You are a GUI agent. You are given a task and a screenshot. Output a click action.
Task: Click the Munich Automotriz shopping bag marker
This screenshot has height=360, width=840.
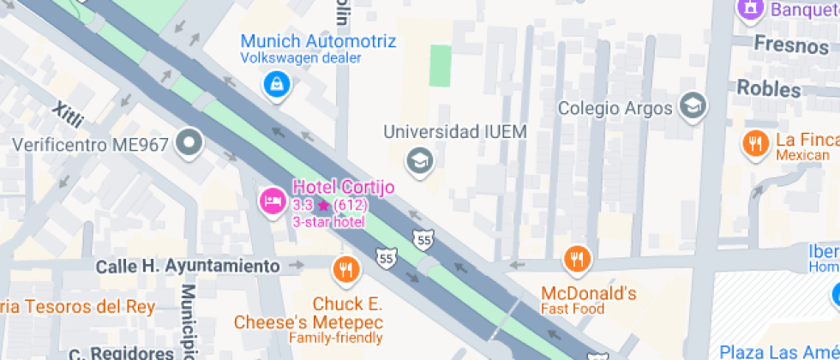coord(277,84)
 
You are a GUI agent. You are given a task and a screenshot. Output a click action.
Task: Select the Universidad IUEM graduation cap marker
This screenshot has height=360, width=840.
coord(419,160)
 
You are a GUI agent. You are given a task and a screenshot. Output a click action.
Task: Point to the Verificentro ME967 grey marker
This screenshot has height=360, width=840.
coord(189,143)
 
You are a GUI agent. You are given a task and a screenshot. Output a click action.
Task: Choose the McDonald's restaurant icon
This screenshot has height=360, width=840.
coord(578,259)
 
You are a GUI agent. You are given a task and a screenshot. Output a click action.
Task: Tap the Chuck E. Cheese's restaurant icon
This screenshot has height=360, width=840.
coord(345,270)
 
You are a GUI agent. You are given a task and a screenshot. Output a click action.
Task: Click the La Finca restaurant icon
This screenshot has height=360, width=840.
coord(755,144)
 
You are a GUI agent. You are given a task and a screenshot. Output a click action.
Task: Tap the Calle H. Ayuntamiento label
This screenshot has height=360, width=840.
coord(188,267)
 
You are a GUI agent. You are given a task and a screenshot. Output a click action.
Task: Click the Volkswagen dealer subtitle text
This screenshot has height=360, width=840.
coord(300,58)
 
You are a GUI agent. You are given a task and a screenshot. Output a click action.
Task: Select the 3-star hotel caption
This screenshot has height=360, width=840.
coord(328,222)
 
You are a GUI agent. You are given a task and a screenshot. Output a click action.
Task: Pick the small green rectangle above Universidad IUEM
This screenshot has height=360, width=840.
coord(440,65)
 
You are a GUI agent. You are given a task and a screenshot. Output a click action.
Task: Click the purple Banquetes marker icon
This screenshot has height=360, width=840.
coord(750,9)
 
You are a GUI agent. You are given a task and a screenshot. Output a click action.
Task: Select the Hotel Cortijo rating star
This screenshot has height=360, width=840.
coord(322,206)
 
